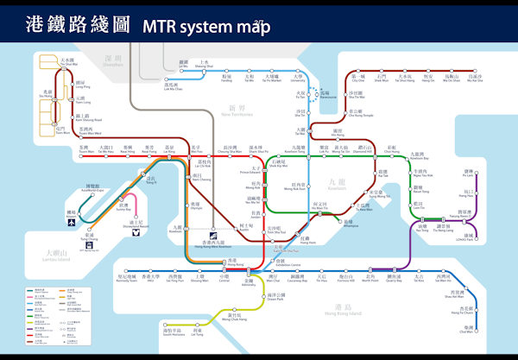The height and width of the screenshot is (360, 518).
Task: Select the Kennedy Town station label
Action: (x=128, y=279)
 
